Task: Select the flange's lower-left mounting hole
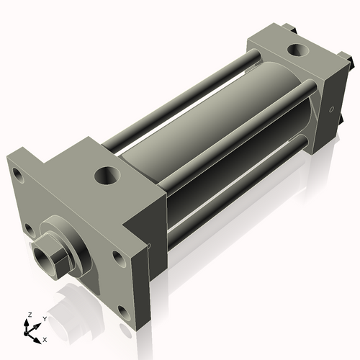(x=29, y=230)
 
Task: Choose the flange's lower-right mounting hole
(x=123, y=313)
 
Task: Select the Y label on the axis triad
(x=44, y=318)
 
